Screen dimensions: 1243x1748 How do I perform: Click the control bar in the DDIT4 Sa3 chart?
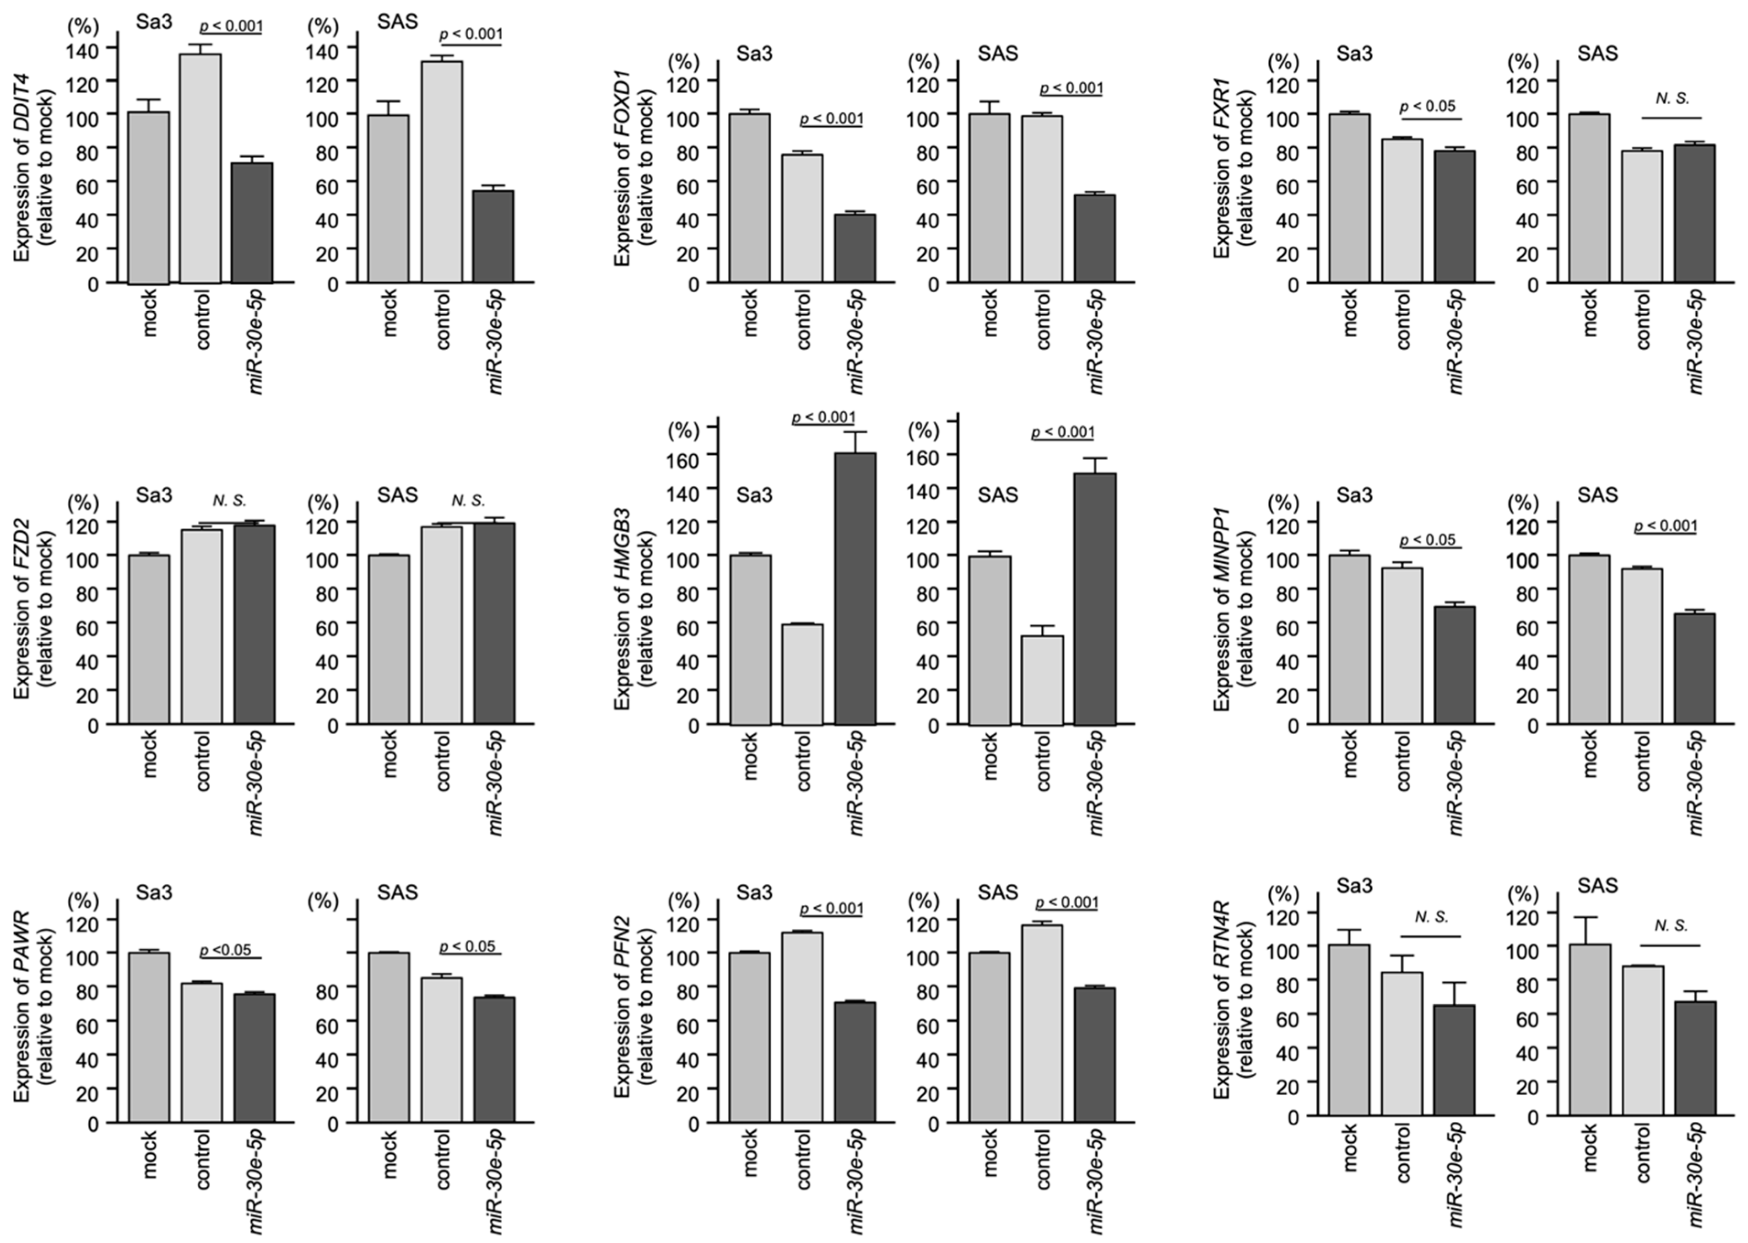(200, 168)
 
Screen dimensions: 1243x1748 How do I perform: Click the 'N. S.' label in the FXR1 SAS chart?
(1672, 98)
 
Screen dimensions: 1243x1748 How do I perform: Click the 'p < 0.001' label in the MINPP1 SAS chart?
(1665, 526)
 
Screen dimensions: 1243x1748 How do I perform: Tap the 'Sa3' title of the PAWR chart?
(154, 893)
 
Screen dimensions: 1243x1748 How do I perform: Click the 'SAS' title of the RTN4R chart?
(1597, 886)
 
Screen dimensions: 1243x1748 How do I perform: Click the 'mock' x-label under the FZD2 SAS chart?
(390, 754)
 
